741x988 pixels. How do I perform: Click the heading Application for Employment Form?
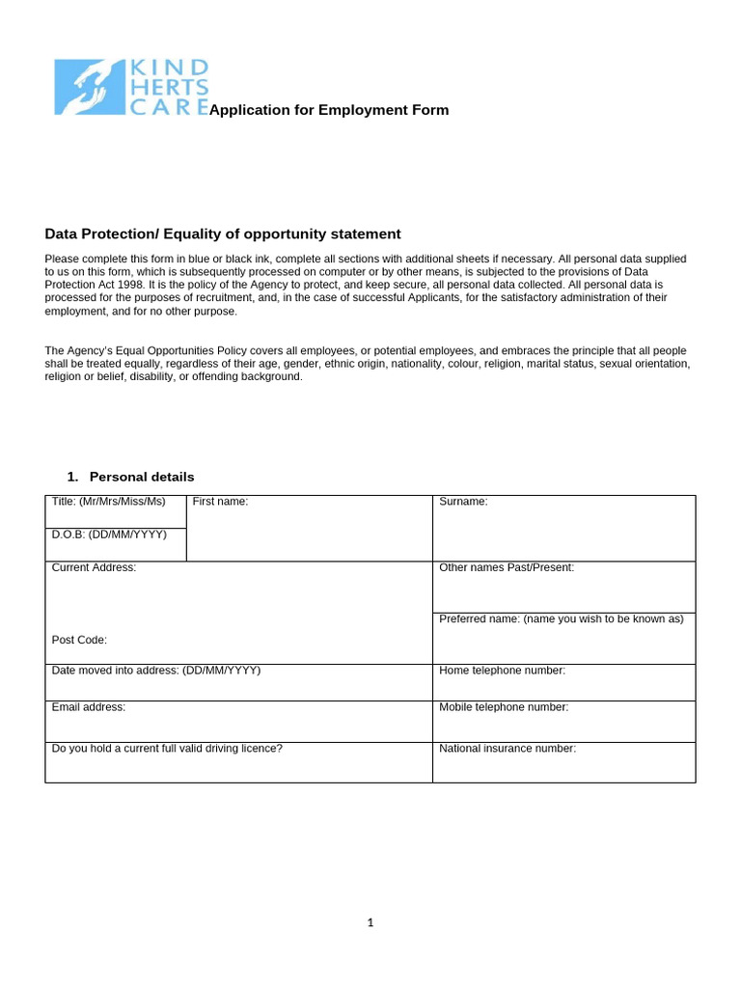[329, 110]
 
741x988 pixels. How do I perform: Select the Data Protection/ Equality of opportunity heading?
[223, 234]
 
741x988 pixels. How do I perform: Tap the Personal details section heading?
[141, 477]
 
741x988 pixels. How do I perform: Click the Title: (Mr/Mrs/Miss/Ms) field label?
[109, 502]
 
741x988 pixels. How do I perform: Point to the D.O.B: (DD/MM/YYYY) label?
[109, 535]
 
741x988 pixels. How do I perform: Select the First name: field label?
[220, 502]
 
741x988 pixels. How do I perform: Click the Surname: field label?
[463, 502]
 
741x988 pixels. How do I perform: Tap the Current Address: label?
[94, 568]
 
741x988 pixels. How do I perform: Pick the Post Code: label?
[79, 641]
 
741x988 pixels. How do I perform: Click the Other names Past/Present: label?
[507, 568]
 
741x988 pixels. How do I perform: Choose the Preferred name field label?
[561, 619]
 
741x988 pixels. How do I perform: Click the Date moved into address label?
[156, 671]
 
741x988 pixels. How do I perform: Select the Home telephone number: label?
[502, 671]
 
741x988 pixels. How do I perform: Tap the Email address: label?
[89, 707]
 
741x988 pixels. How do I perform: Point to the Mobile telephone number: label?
[504, 707]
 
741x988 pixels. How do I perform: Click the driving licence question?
[167, 749]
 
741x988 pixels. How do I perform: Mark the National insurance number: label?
[508, 749]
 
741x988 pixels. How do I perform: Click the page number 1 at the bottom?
[370, 923]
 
